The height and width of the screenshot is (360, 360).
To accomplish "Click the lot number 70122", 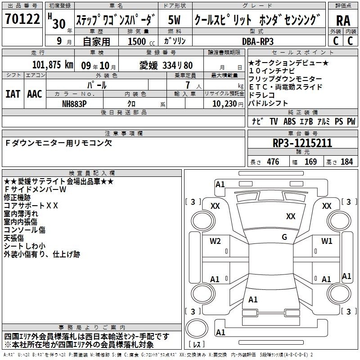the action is click(22, 18).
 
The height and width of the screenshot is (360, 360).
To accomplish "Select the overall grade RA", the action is click(343, 21).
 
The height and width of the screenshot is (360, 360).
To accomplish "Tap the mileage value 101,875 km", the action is click(53, 65).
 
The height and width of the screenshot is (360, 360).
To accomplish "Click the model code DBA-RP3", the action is click(257, 41).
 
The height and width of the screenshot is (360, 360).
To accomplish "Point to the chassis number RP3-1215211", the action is click(302, 143).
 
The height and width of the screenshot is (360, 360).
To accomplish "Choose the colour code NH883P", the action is click(74, 104).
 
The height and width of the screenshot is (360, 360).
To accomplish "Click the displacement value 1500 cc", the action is click(141, 41).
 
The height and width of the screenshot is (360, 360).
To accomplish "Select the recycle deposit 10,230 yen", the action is click(228, 104).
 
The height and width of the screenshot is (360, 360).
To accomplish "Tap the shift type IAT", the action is click(13, 94).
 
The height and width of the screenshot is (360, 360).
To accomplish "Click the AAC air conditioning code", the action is click(35, 94).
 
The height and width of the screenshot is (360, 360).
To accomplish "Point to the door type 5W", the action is click(174, 20).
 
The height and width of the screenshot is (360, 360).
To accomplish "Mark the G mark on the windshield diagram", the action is click(284, 237).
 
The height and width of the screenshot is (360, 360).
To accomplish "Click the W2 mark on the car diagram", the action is click(215, 241).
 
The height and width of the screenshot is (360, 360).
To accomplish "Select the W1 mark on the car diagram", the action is click(327, 241).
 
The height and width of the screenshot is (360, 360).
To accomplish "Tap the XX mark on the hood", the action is click(291, 216).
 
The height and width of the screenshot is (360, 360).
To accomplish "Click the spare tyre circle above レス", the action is click(197, 328).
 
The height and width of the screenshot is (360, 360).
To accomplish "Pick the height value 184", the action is click(346, 162).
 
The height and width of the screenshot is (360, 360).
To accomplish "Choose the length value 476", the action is click(273, 162).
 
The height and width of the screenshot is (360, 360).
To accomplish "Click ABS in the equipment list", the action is click(289, 121).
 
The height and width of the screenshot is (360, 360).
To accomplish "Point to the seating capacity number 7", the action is click(188, 85).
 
